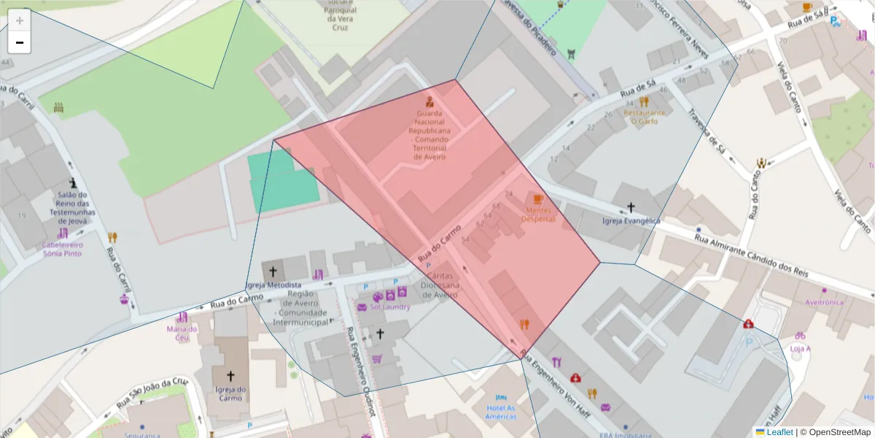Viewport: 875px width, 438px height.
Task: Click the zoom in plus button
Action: (x=20, y=20)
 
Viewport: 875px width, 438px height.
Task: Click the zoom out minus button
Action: (x=20, y=42)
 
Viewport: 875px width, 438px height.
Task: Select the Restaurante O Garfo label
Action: (x=644, y=117)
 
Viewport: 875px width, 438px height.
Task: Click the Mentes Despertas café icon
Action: (x=538, y=199)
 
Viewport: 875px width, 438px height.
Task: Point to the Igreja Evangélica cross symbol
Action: (x=631, y=207)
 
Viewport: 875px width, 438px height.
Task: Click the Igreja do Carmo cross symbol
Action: (x=230, y=376)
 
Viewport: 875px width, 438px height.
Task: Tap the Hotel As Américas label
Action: (x=500, y=412)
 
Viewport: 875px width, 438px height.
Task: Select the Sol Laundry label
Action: (x=390, y=307)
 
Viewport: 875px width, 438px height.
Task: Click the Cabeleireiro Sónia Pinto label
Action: (x=63, y=249)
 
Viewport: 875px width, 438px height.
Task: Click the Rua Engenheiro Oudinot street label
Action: (x=360, y=372)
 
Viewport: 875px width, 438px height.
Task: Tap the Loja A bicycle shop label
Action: (x=800, y=348)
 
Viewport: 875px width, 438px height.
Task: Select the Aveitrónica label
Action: (x=824, y=301)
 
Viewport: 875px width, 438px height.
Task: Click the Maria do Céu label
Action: (x=182, y=333)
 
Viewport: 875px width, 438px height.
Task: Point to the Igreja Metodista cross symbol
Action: (x=273, y=271)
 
